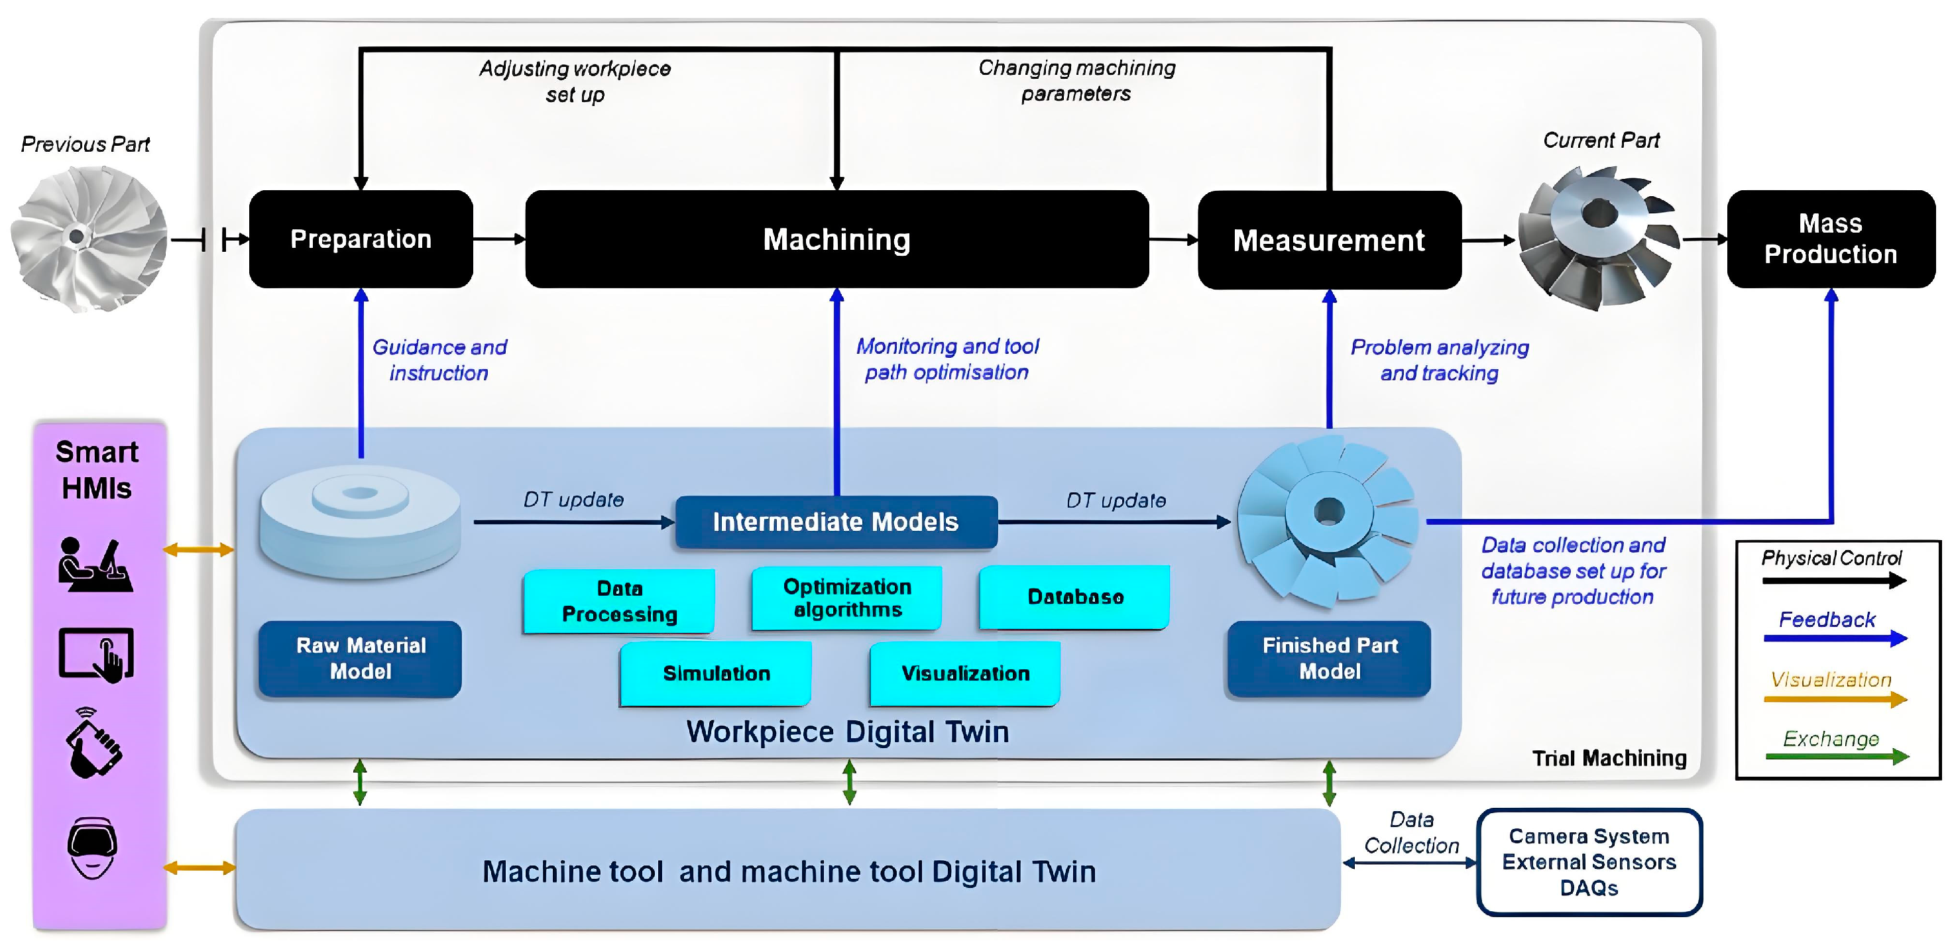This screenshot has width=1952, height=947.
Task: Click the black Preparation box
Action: click(361, 239)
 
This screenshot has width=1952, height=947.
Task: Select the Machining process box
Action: click(836, 239)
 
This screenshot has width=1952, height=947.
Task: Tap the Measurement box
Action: click(1329, 240)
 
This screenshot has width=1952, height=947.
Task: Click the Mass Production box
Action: click(1831, 239)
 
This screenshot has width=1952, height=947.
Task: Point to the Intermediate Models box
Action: click(836, 522)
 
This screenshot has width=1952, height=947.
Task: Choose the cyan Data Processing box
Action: click(619, 601)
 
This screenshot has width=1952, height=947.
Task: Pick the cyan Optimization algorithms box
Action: click(847, 598)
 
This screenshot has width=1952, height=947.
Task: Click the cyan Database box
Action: click(1074, 597)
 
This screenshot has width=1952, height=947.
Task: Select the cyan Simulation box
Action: click(716, 673)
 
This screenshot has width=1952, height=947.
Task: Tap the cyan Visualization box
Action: click(965, 673)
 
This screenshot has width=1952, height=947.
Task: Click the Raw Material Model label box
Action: click(361, 658)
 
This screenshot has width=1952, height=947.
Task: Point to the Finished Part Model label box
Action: click(1330, 658)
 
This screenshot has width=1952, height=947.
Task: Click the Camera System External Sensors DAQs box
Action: click(1589, 862)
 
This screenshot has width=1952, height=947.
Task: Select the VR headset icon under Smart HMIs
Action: click(92, 847)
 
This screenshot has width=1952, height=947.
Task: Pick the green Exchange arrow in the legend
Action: click(1835, 756)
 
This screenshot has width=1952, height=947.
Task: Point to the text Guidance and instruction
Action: click(439, 360)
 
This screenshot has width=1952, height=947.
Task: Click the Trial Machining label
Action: click(1609, 758)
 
